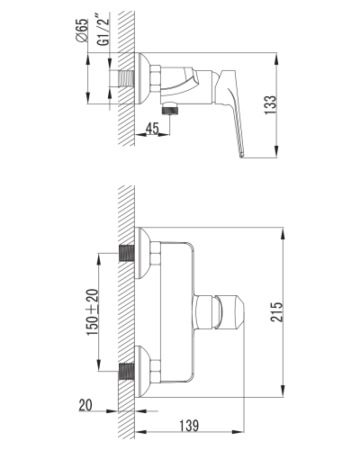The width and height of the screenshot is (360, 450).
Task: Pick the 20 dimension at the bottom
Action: click(85, 405)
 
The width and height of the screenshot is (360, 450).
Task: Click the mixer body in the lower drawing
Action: click(176, 310)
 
